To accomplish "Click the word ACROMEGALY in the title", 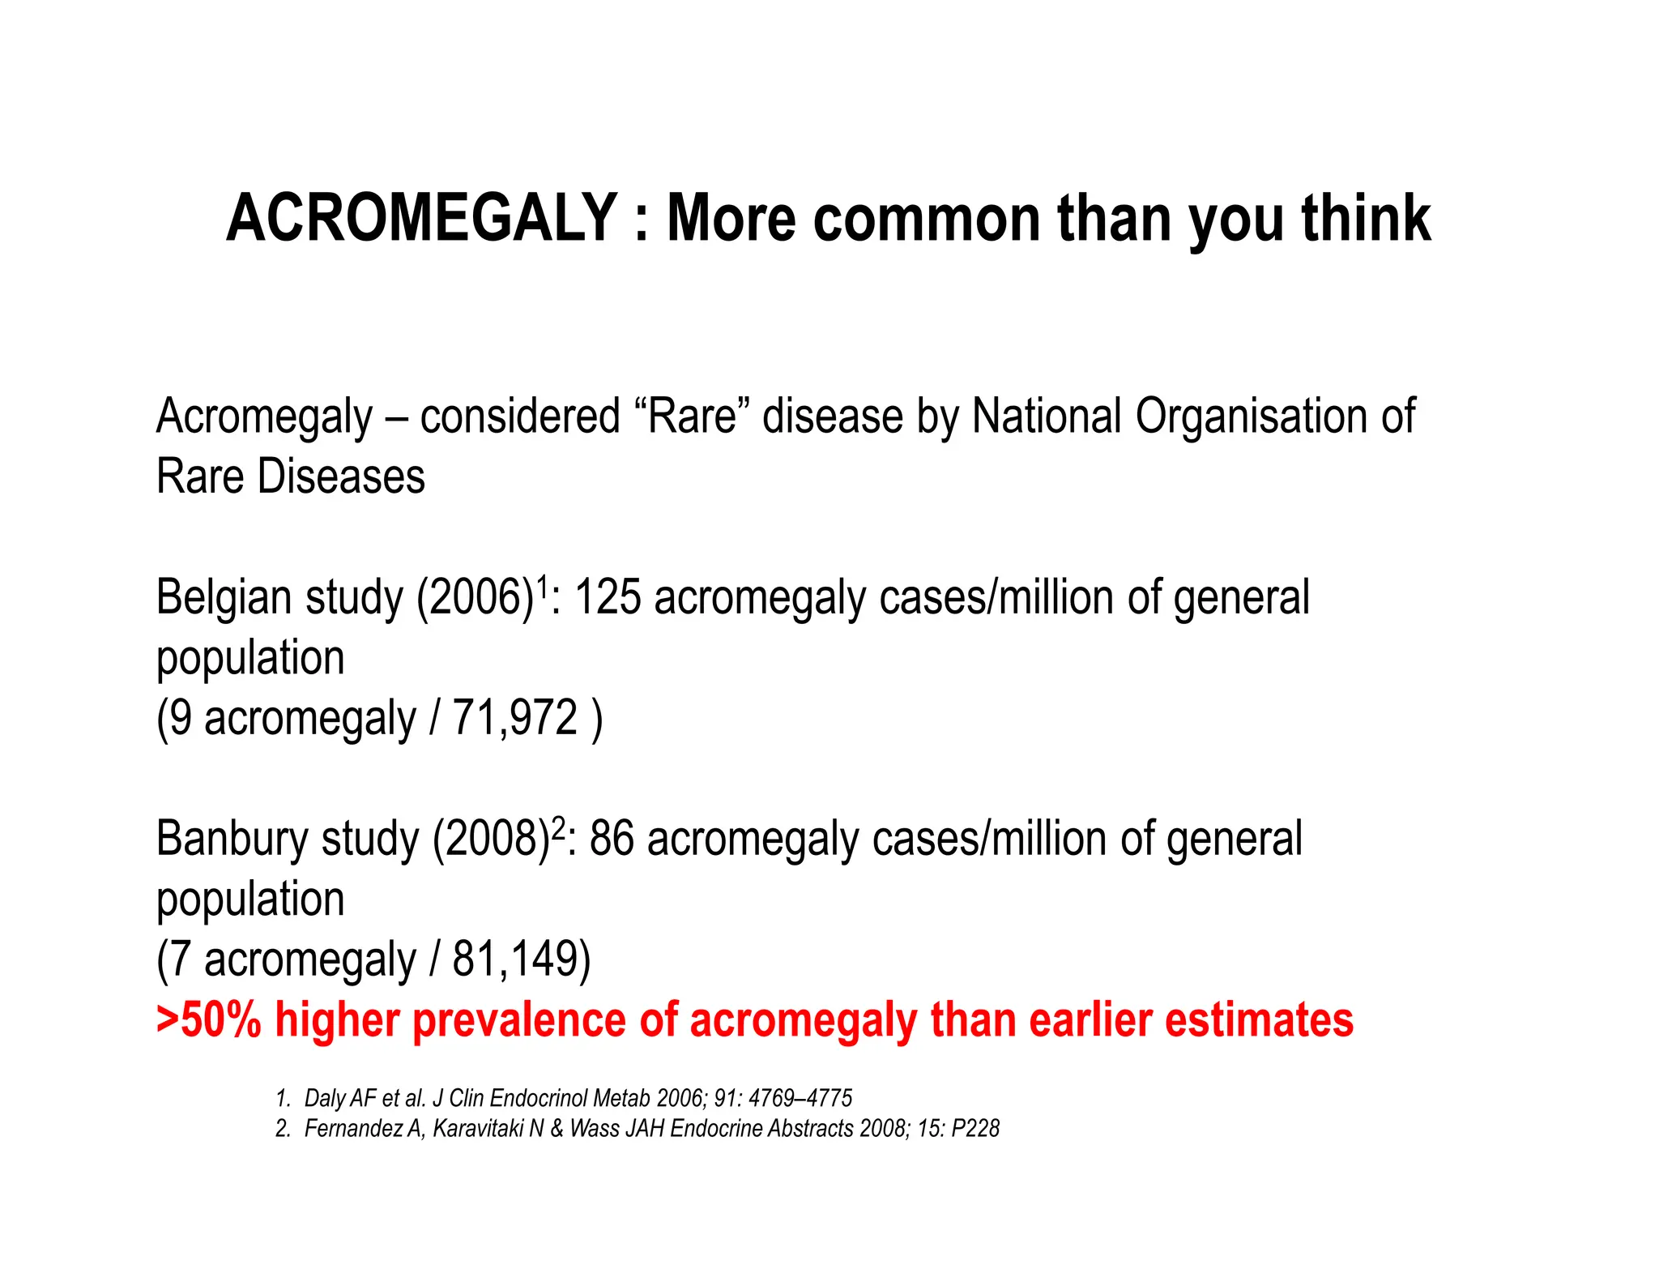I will (421, 219).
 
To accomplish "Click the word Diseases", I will (340, 476).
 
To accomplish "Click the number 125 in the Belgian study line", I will (608, 598).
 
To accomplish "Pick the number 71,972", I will (515, 718).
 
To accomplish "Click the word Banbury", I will (232, 839).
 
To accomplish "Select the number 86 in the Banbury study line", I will (612, 839).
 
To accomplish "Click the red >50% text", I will (209, 1019).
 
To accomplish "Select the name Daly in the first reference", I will (322, 1099).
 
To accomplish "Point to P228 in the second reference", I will (975, 1129).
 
